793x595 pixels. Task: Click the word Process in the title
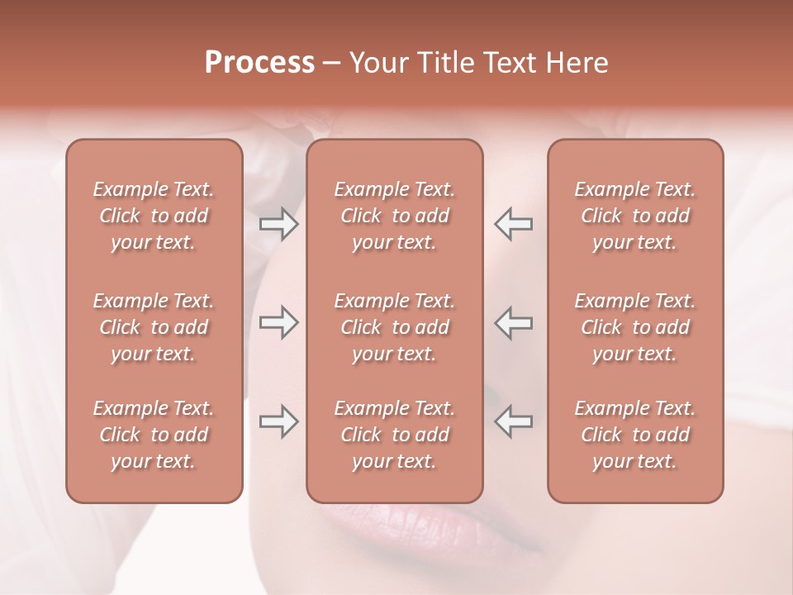pos(259,63)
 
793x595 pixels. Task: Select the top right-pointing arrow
pos(278,224)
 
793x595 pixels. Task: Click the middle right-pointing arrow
pos(278,322)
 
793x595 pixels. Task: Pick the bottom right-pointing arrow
pos(278,421)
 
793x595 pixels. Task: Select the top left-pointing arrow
pos(514,224)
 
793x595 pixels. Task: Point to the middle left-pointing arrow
pos(514,322)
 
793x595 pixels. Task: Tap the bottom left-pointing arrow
pos(514,421)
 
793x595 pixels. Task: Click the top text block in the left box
pos(154,216)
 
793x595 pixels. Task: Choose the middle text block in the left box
pos(154,327)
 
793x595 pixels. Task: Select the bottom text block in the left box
pos(154,435)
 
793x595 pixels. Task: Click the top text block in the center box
pos(394,216)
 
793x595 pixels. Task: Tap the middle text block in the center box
pos(394,327)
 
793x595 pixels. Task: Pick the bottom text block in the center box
pos(394,435)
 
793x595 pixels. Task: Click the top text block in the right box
pos(634,216)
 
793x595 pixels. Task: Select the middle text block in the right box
pos(634,327)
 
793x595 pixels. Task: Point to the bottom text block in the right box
pos(634,435)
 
